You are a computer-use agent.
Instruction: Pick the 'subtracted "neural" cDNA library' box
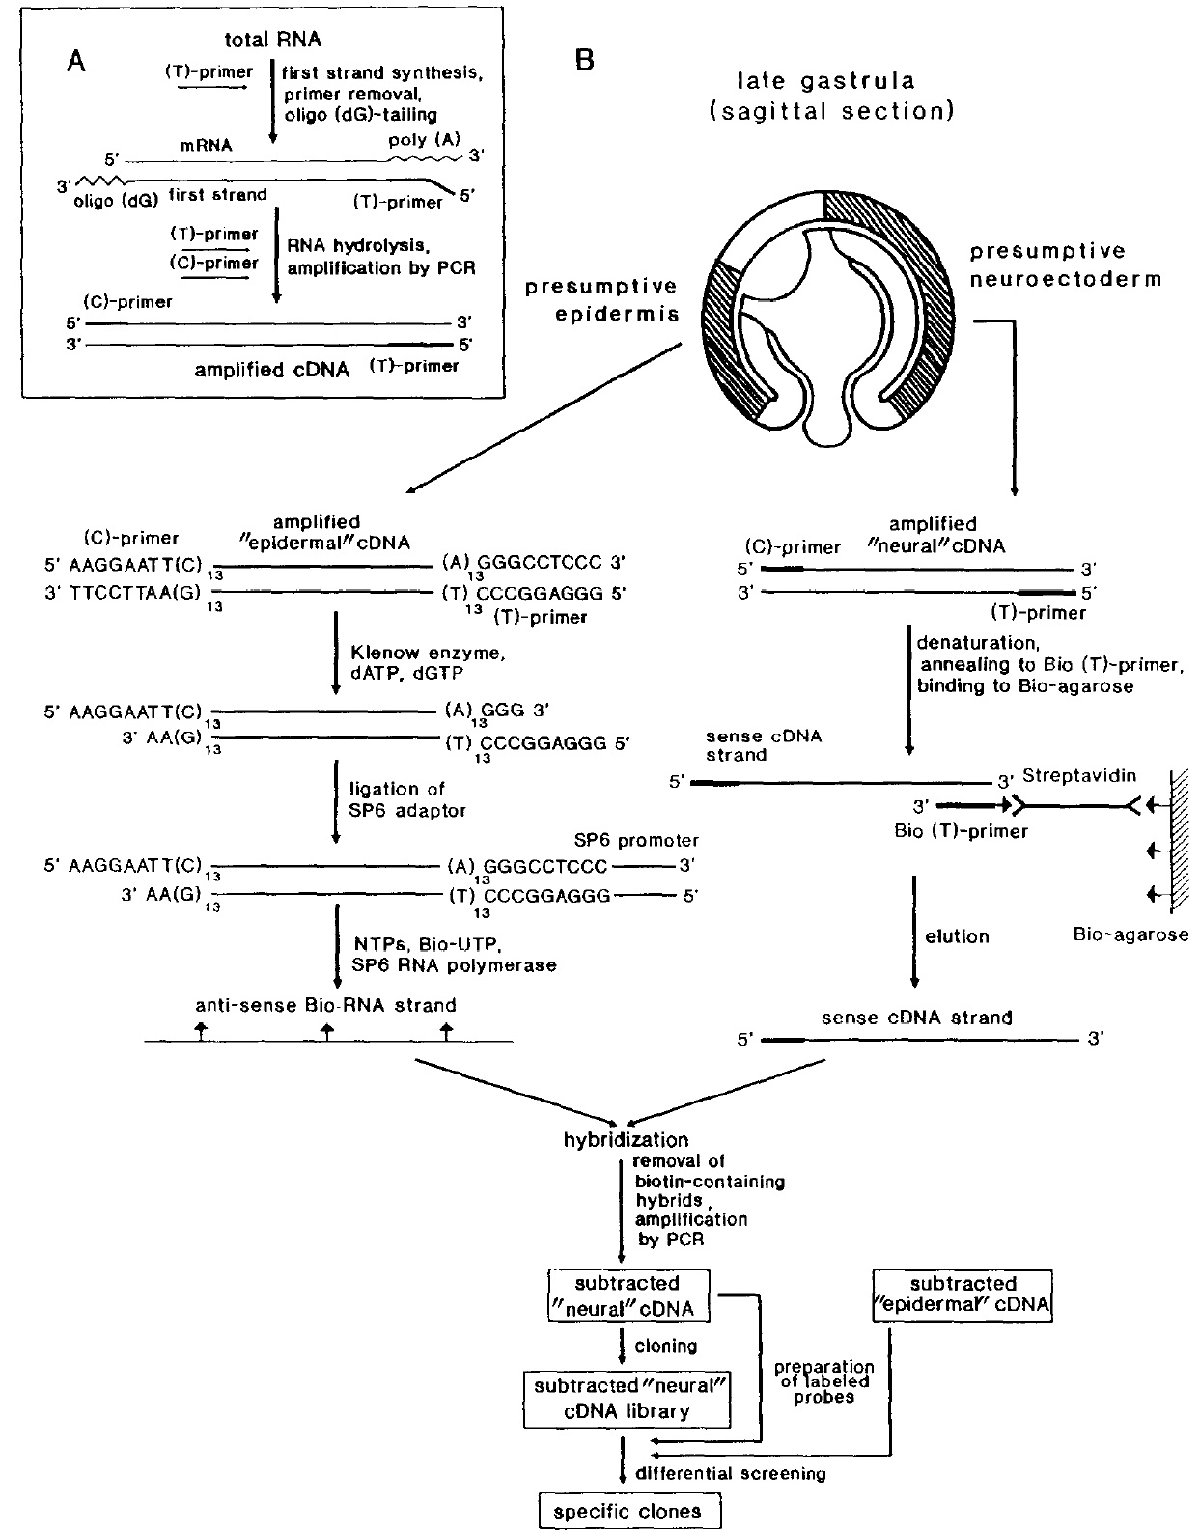[628, 1398]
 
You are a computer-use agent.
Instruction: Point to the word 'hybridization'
[626, 1139]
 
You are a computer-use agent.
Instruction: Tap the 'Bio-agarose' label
[1130, 934]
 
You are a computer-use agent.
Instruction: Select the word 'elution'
[957, 935]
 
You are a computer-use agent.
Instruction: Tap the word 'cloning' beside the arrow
[665, 1345]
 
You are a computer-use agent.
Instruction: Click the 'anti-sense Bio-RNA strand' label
[326, 1005]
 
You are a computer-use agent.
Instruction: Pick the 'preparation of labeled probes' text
[824, 1381]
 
